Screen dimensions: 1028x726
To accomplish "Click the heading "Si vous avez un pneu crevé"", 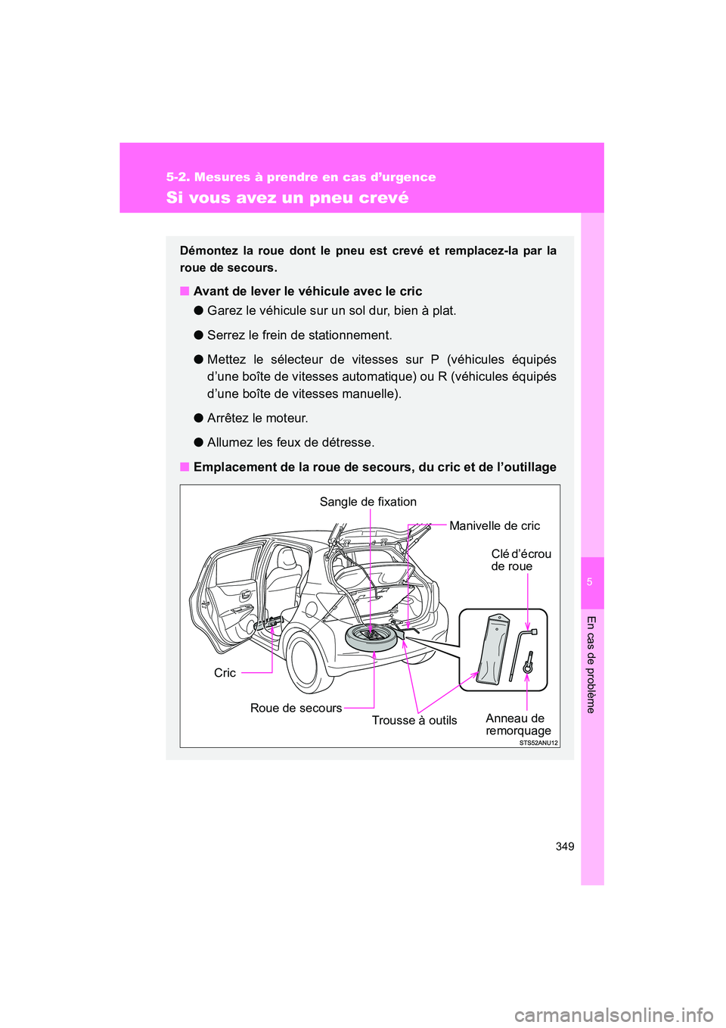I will tap(287, 198).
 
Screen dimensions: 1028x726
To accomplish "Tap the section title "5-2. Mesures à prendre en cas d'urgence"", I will tap(301, 177).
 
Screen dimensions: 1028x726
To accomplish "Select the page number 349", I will tap(564, 846).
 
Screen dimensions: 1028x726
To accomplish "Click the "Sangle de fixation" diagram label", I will tap(368, 502).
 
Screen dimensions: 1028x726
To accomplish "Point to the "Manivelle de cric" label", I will tap(495, 526).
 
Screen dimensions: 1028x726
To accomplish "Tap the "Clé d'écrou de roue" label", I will tap(520, 560).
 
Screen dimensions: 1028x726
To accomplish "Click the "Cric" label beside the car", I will tap(225, 673).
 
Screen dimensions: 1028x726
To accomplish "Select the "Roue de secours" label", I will tap(296, 708).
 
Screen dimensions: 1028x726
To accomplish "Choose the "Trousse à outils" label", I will tap(414, 721).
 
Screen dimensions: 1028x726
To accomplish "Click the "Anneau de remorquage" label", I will tap(518, 724).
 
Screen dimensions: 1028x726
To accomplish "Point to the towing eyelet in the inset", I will tap(528, 664).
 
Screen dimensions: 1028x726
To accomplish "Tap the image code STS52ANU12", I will tap(538, 743).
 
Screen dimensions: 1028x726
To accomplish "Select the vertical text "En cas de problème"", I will tap(591, 664).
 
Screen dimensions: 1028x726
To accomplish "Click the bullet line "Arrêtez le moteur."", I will tap(257, 418).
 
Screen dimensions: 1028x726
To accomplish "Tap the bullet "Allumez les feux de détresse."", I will tap(290, 442).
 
